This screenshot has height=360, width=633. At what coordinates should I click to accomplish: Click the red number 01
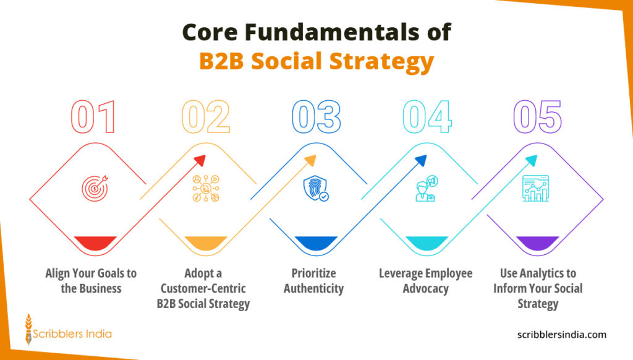click(93, 118)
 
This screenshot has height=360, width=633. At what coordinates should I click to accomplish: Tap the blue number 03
click(316, 118)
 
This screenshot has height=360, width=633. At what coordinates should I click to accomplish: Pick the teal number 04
click(427, 118)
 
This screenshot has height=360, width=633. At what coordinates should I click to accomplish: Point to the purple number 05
click(537, 118)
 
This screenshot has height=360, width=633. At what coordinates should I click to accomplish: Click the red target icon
click(95, 187)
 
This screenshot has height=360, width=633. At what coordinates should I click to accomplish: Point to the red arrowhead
click(199, 160)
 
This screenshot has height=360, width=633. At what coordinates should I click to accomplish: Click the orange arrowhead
click(310, 160)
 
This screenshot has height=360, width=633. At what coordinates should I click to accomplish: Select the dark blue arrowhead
click(421, 160)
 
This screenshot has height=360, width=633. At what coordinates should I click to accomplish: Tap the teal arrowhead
click(531, 160)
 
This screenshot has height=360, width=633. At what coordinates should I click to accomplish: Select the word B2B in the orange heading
click(227, 62)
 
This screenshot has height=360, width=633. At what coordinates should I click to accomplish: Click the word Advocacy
click(425, 288)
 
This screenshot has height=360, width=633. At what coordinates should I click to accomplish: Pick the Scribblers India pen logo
click(28, 329)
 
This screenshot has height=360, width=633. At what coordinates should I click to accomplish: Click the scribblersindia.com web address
click(561, 335)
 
